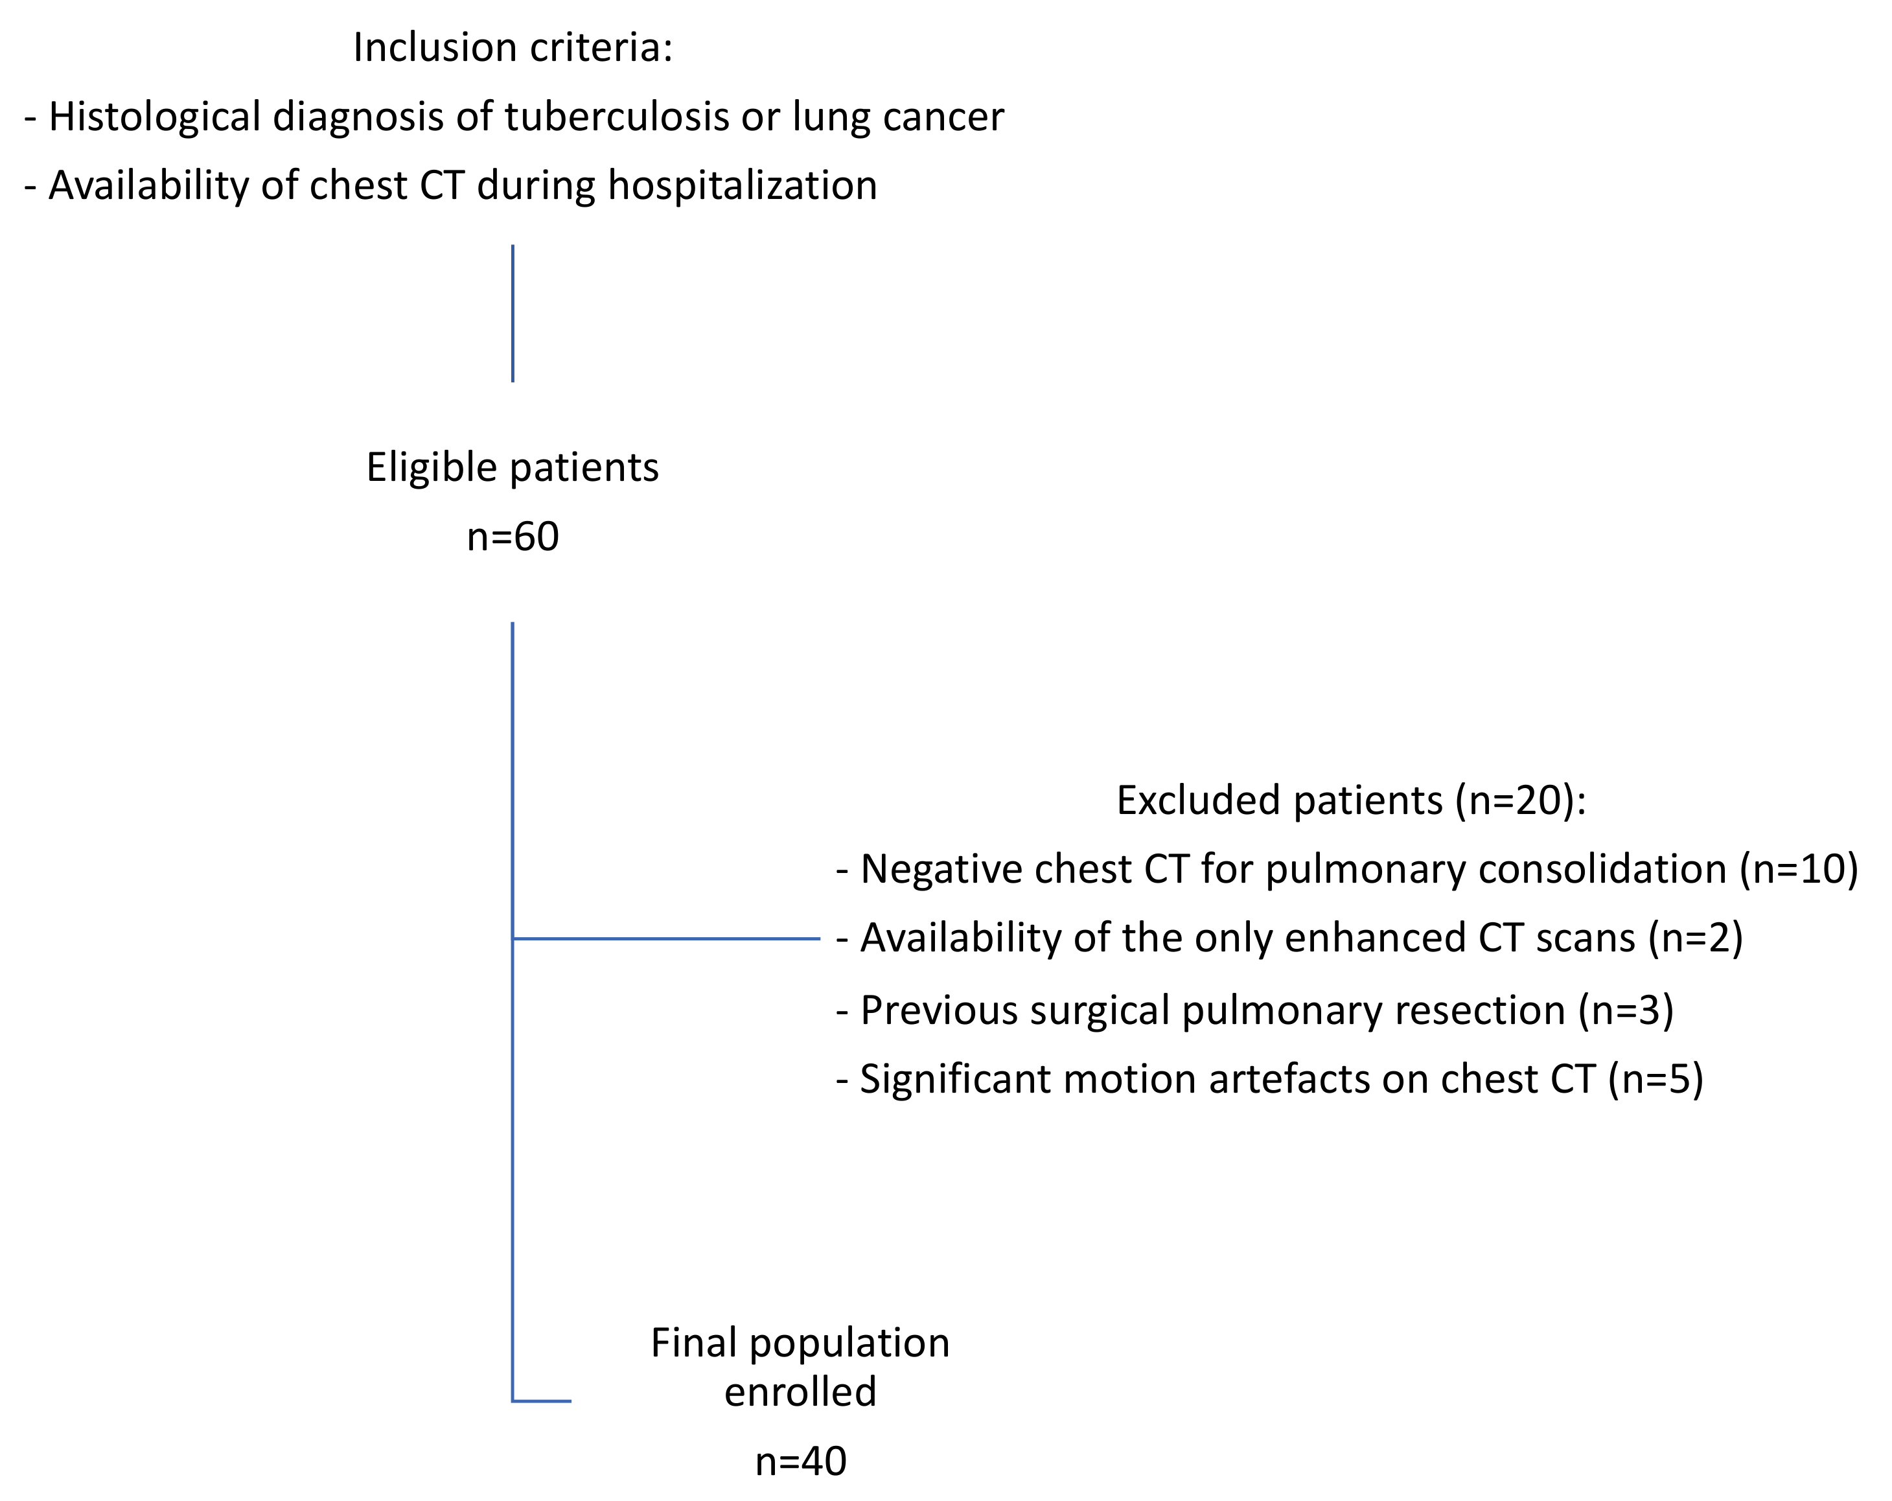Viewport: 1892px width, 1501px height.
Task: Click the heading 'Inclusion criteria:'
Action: [513, 47]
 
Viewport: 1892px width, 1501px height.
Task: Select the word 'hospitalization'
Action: [743, 185]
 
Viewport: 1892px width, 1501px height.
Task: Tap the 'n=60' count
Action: [513, 537]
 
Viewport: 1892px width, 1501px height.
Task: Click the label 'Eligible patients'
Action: [513, 467]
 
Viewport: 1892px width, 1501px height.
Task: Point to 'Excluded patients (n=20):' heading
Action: [1350, 800]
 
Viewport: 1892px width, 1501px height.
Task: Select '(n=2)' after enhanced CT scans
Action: [1696, 937]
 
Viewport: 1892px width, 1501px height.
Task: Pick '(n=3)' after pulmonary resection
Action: [1626, 1010]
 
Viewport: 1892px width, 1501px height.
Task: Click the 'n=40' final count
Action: [800, 1461]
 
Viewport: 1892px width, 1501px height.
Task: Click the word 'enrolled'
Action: [800, 1391]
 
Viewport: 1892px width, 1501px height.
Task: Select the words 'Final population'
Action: [800, 1342]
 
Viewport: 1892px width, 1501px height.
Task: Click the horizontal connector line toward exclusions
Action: [667, 938]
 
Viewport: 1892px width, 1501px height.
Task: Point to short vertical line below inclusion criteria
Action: [513, 314]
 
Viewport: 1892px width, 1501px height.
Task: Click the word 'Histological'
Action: [154, 117]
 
